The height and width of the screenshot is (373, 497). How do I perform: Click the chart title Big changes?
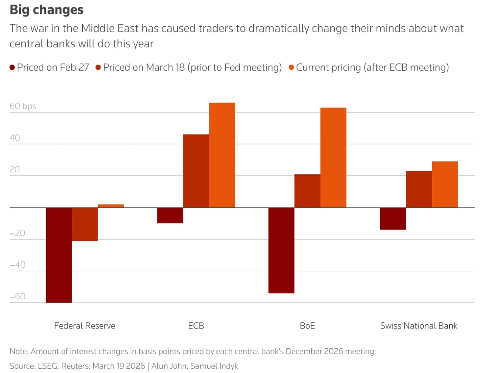pyautogui.click(x=46, y=10)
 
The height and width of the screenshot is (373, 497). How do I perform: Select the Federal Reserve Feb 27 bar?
pyautogui.click(x=59, y=255)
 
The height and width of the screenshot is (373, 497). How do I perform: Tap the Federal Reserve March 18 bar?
pyautogui.click(x=85, y=224)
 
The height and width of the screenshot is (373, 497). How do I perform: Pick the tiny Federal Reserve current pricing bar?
pyautogui.click(x=111, y=206)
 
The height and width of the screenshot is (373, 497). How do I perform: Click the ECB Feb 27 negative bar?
pyautogui.click(x=170, y=215)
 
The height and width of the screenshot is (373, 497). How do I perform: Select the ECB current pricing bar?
pyautogui.click(x=222, y=155)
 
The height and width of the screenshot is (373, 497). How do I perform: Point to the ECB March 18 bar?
pyautogui.click(x=196, y=171)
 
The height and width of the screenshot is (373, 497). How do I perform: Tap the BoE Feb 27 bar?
pyautogui.click(x=281, y=250)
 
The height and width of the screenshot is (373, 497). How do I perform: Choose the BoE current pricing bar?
pyautogui.click(x=333, y=158)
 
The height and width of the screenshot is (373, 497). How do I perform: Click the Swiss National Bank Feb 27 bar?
pyautogui.click(x=393, y=219)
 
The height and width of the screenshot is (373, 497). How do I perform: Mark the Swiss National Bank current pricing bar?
pyautogui.click(x=445, y=185)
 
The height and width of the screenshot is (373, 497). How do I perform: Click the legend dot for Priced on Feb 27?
pyautogui.click(x=12, y=67)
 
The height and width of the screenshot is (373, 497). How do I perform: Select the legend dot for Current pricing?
pyautogui.click(x=291, y=67)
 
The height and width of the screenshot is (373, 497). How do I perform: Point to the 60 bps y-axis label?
pyautogui.click(x=23, y=106)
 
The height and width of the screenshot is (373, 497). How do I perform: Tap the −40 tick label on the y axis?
pyautogui.click(x=17, y=265)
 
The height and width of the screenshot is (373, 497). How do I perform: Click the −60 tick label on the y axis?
pyautogui.click(x=17, y=296)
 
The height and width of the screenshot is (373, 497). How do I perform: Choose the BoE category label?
pyautogui.click(x=307, y=326)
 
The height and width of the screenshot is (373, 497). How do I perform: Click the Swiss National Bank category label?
pyautogui.click(x=418, y=326)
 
